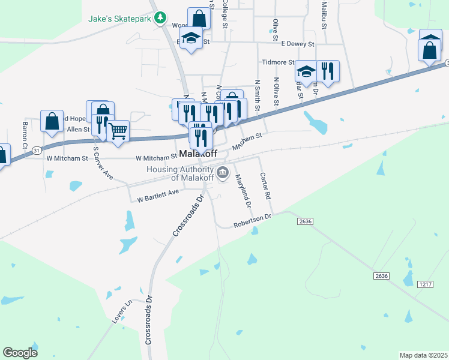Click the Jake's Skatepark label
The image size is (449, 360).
pos(119,19)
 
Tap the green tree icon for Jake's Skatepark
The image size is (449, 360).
pos(160,18)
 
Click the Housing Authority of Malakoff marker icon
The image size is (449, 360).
pos(223,173)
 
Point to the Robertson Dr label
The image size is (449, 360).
pos(253,220)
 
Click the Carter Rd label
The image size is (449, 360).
pos(265,187)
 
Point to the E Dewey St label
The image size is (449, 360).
pos(298,44)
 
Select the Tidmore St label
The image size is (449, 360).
pos(278,62)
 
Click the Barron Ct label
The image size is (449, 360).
pos(25,136)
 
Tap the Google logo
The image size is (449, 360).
pos(20,352)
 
